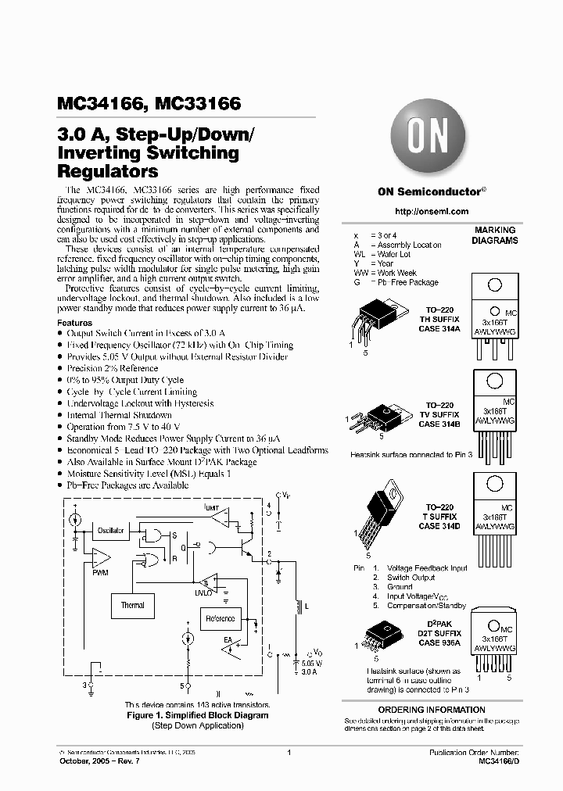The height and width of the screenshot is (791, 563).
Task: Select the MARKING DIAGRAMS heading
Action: [494, 236]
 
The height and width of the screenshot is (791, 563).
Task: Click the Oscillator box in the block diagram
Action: [111, 531]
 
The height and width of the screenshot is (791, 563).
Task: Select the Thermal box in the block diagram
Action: [132, 605]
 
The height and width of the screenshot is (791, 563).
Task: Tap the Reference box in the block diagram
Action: [220, 618]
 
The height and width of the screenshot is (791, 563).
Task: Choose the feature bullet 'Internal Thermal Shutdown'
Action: [119, 415]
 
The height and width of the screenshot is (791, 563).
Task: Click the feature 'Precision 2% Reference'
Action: [113, 368]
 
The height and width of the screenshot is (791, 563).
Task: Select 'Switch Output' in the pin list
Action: [412, 577]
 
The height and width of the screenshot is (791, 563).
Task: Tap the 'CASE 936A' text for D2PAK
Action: [439, 641]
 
